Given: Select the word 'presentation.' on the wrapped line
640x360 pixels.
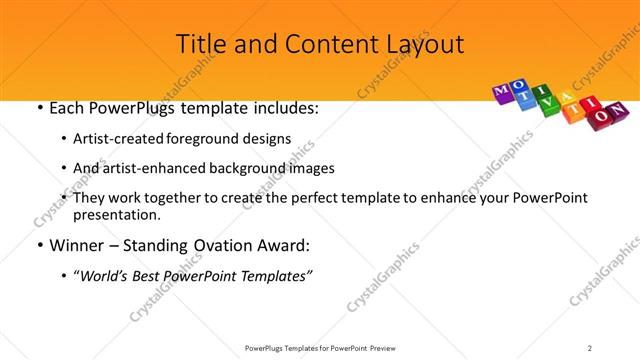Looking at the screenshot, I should pos(114,215).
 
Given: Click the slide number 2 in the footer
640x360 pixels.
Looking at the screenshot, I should pos(590,347).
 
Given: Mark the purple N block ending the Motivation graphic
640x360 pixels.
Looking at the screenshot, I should pos(619,108).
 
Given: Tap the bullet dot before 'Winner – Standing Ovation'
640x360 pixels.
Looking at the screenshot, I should pos(39,245).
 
